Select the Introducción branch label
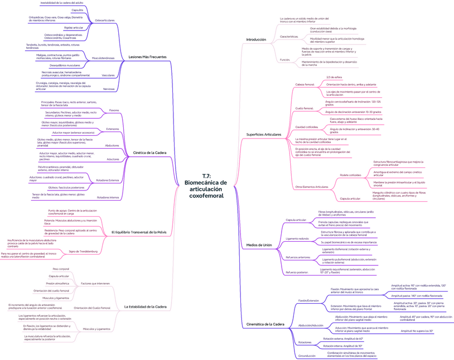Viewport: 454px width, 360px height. [x=255, y=40]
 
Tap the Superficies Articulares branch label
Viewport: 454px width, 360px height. [x=263, y=134]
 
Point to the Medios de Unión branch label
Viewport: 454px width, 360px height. [x=259, y=244]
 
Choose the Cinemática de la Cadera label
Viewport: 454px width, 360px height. [x=265, y=324]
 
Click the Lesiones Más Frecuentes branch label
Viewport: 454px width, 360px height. [x=148, y=57]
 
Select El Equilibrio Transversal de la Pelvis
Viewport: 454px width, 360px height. [x=139, y=232]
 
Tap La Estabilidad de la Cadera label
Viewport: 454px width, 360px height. [x=146, y=307]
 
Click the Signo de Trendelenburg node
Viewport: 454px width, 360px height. [x=83, y=251]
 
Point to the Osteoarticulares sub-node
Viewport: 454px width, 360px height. [x=104, y=20]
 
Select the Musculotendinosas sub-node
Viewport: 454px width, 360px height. [x=104, y=58]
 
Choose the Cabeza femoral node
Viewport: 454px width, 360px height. [x=305, y=85]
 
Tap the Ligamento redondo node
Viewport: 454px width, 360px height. [x=297, y=238]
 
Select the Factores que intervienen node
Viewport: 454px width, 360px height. [x=95, y=283]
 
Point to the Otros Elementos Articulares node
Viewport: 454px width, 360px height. [x=312, y=187]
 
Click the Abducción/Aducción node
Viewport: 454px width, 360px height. [x=311, y=325]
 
